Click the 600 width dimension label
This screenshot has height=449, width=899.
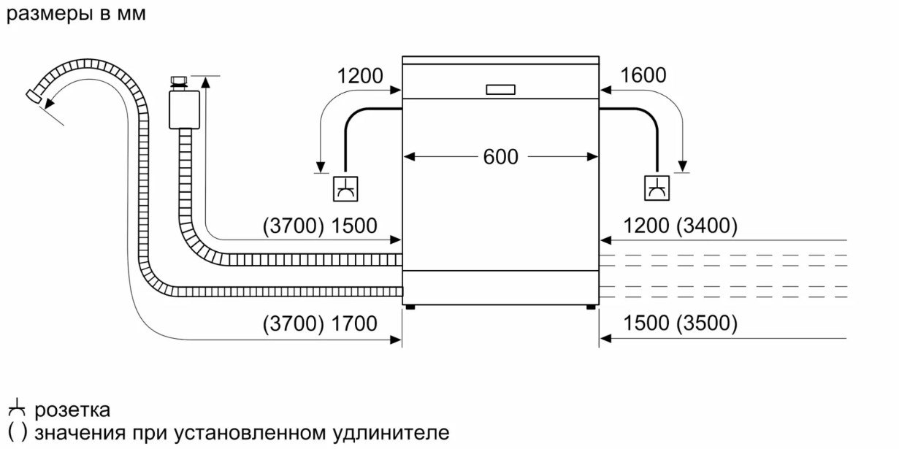coord(500,156)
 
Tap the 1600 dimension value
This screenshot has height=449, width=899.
coord(643,75)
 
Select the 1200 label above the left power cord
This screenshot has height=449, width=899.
coord(360,75)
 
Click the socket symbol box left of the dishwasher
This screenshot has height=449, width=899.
coord(345,188)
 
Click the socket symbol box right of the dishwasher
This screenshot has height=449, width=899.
coord(657,188)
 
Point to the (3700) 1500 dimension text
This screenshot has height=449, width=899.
coord(320,226)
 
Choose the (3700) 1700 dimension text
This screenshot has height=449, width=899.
coord(320,323)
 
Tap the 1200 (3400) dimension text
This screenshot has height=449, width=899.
coord(680,226)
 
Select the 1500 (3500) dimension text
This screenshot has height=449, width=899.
coord(680,323)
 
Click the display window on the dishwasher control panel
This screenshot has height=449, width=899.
coord(500,90)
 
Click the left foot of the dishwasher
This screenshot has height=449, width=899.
coord(410,307)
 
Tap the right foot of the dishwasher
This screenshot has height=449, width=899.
coord(591,307)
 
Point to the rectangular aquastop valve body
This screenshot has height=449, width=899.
coord(184,110)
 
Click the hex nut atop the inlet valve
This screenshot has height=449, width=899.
coord(179,80)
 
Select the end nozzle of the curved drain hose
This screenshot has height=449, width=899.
coord(34,96)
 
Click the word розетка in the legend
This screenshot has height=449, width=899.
coord(72,410)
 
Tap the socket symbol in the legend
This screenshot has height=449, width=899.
coord(17,407)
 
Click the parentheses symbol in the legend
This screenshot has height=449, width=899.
coord(18,432)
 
